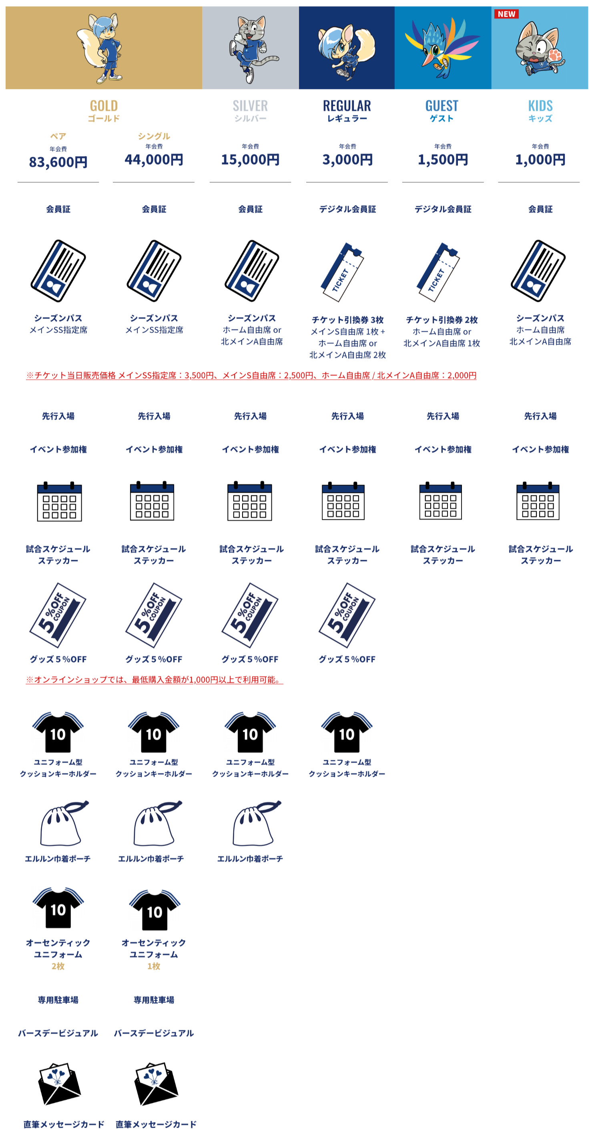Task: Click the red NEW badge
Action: pyautogui.click(x=506, y=14)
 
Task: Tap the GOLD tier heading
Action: pyautogui.click(x=104, y=106)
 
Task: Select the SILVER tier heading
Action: pyautogui.click(x=250, y=106)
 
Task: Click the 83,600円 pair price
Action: pyautogui.click(x=58, y=162)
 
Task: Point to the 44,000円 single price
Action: pyautogui.click(x=154, y=159)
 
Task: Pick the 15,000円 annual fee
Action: pyautogui.click(x=250, y=159)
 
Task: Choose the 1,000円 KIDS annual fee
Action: pyautogui.click(x=540, y=159)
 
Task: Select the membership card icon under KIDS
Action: pyautogui.click(x=538, y=270)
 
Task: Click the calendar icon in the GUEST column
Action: pyautogui.click(x=441, y=500)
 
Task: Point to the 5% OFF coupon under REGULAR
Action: pyautogui.click(x=347, y=615)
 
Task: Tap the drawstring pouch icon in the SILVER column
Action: pyautogui.click(x=257, y=823)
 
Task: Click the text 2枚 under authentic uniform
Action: pyautogui.click(x=58, y=966)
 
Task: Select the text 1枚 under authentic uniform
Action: pyautogui.click(x=154, y=966)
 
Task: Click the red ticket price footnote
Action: pyautogui.click(x=251, y=375)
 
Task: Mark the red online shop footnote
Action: pyautogui.click(x=155, y=679)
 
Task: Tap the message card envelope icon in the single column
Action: pyautogui.click(x=156, y=1084)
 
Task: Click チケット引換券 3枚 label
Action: pyautogui.click(x=347, y=319)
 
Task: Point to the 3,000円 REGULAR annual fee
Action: pyautogui.click(x=347, y=159)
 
